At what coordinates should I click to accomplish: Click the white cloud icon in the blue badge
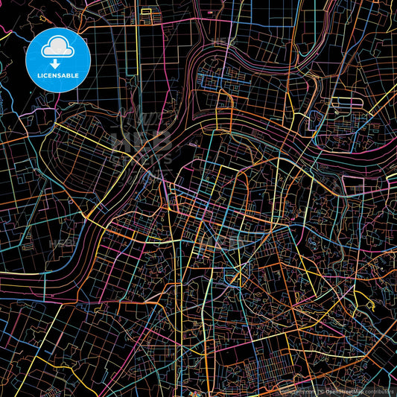pyautogui.click(x=57, y=49)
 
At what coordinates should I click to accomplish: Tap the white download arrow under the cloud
pyautogui.click(x=57, y=63)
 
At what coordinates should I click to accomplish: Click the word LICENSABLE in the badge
pyautogui.click(x=57, y=74)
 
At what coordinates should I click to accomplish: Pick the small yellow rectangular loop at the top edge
pyautogui.click(x=146, y=13)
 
